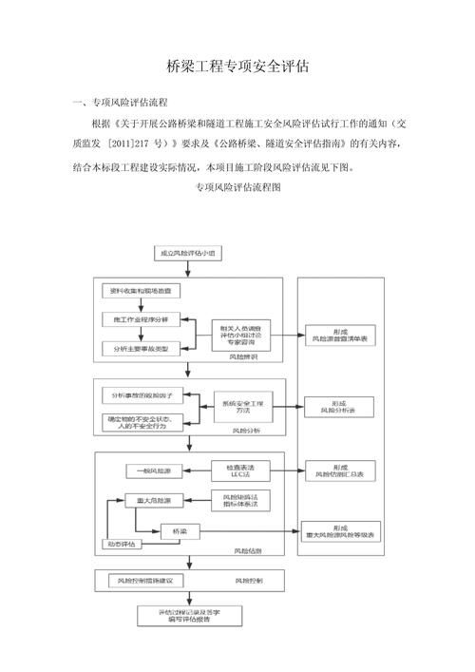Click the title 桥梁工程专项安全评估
click(x=237, y=67)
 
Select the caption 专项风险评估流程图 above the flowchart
click(x=237, y=188)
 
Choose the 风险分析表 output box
click(x=343, y=406)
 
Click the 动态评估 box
click(x=120, y=545)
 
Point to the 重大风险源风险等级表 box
click(x=343, y=532)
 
